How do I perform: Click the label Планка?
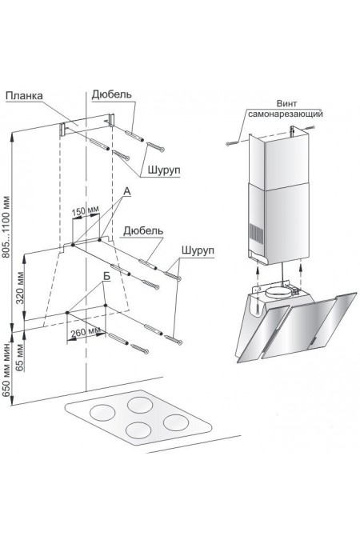pos(24,96)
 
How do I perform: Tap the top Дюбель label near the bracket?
pos(112,94)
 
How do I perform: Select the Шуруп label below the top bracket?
pos(164,170)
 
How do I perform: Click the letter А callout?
pos(127,191)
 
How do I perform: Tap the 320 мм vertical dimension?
pos(20,288)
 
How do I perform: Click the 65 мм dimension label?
pos(20,357)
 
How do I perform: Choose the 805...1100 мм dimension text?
pos(7,227)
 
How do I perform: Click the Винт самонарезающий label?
pos(286,109)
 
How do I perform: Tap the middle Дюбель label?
pos(143,230)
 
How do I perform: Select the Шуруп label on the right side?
pos(198,250)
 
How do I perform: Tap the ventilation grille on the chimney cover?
pos(256,234)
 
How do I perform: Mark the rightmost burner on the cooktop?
pos(176,422)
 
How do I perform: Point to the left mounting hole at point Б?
pos(67,312)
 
